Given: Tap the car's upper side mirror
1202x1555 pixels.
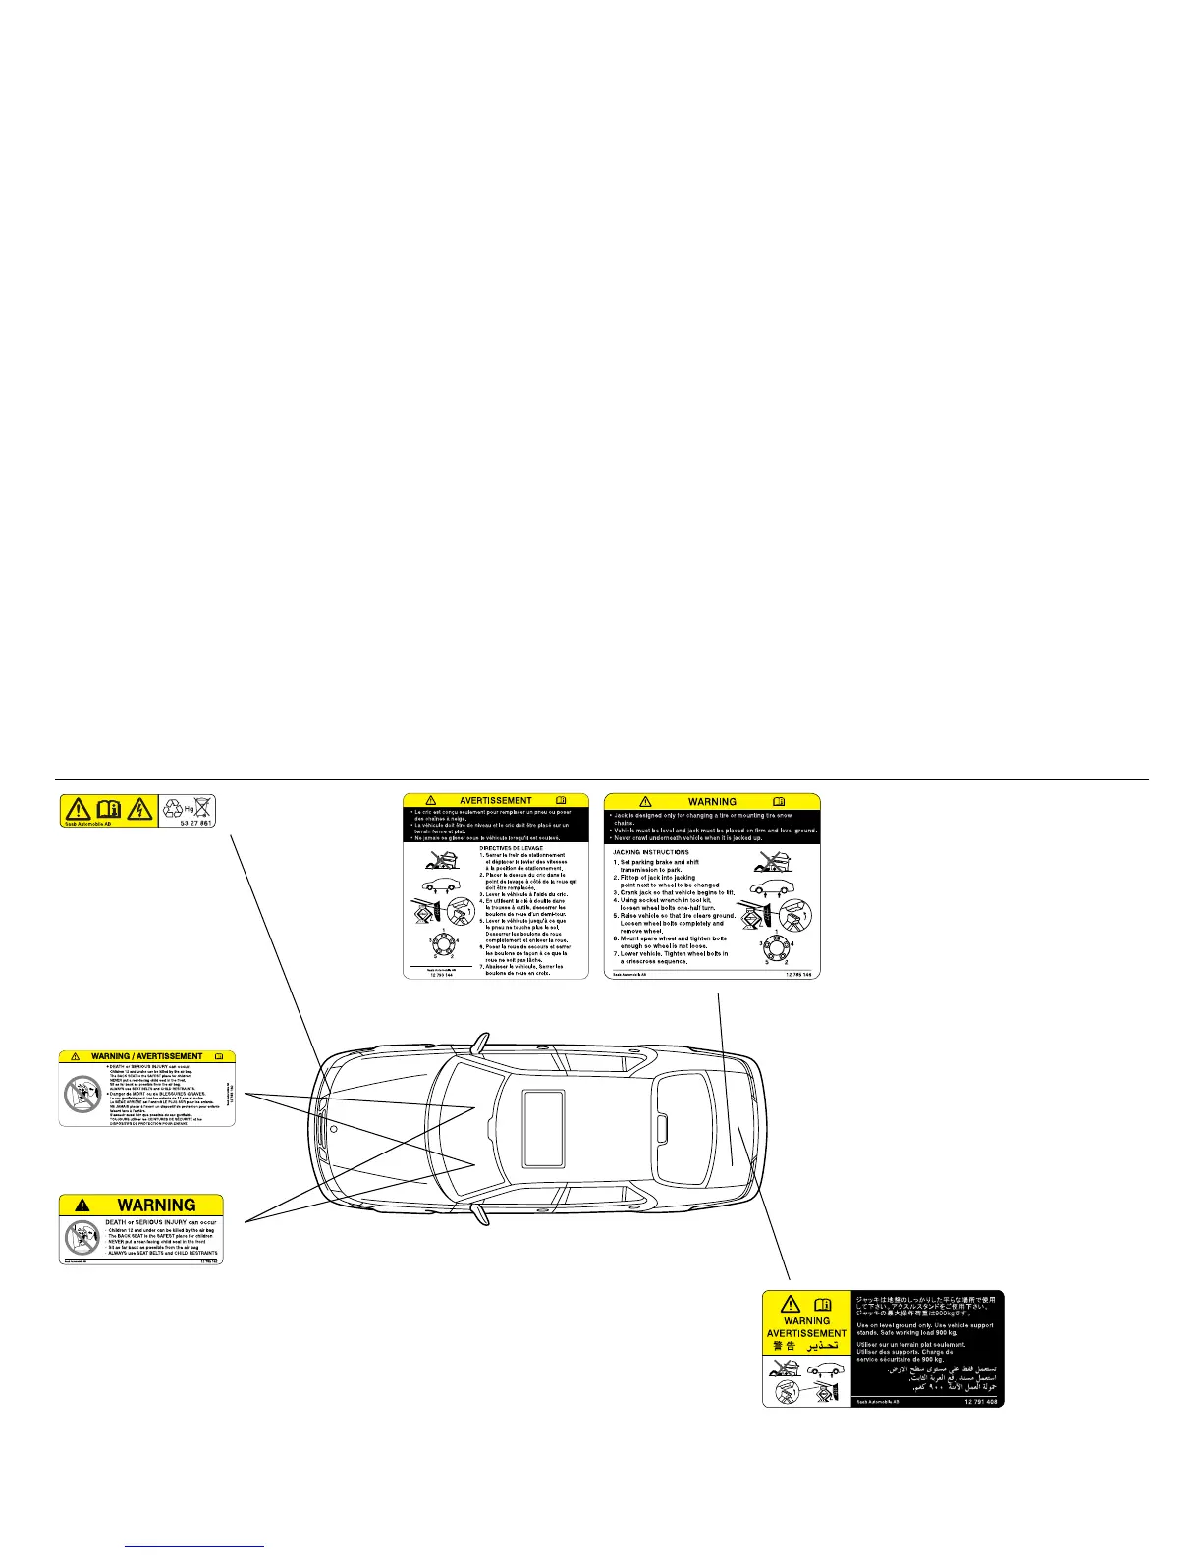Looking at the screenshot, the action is click(x=480, y=1042).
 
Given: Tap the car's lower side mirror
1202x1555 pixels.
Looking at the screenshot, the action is click(x=480, y=1215).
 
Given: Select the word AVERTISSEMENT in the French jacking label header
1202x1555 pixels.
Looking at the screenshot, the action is click(x=496, y=801).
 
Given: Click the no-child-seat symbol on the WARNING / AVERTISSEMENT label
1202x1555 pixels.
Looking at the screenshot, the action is click(x=79, y=1092).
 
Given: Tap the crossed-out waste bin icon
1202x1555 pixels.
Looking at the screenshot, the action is click(x=202, y=807).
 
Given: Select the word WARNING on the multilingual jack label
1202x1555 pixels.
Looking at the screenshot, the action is click(x=807, y=1320).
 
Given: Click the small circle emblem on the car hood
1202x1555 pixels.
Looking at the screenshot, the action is click(x=334, y=1129).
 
